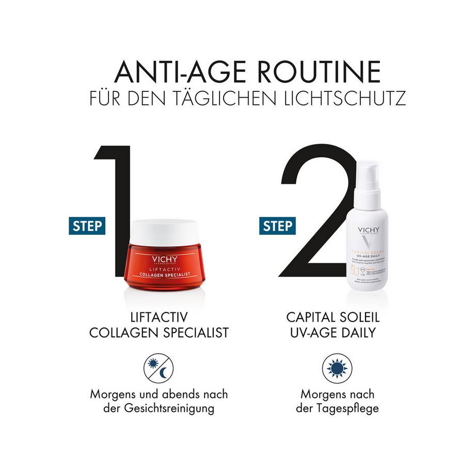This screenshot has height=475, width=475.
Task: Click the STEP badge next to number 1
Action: click(87, 226)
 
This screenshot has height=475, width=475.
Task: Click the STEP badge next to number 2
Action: click(277, 226)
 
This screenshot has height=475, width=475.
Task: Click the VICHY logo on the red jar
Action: click(165, 259)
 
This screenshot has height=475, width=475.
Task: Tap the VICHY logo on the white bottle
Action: click(368, 230)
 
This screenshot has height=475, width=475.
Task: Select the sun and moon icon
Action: click(159, 368)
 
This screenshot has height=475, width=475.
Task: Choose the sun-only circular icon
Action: click(337, 368)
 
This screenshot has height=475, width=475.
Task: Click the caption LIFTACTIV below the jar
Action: click(159, 316)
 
